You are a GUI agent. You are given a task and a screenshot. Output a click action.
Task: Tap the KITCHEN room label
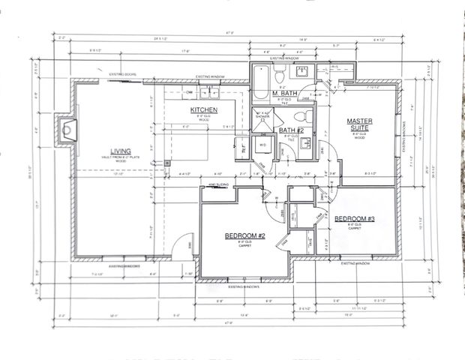coord(203,110)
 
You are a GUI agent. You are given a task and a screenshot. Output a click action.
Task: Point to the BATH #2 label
coord(291,130)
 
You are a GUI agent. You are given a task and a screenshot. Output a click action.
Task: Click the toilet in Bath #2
coord(302,116)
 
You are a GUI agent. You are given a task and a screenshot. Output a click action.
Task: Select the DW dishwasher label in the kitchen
coord(190,92)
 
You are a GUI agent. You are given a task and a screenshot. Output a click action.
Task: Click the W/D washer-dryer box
coord(262,144)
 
